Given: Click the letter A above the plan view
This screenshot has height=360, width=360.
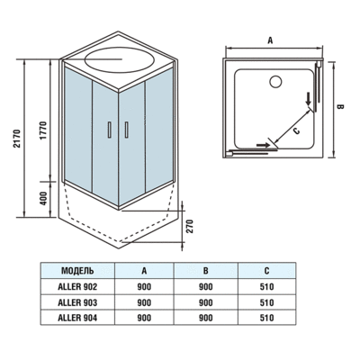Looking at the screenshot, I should [270, 40].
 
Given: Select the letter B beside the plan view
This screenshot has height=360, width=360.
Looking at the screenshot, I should [339, 106].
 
